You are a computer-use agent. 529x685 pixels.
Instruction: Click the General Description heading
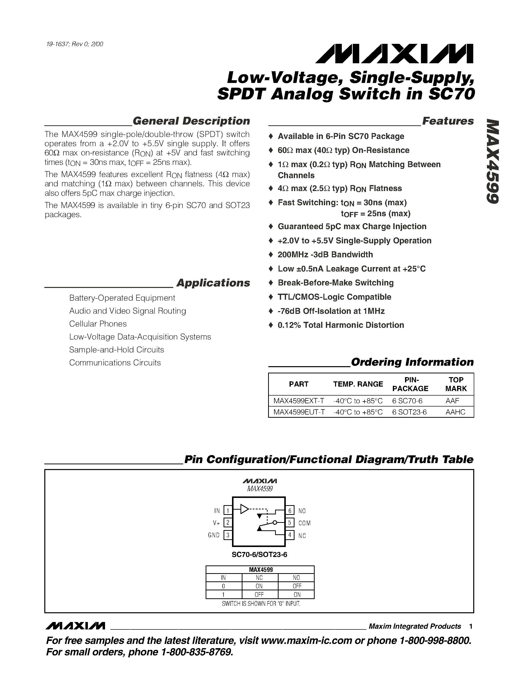coord(191,121)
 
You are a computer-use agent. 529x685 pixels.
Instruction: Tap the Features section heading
coord(448,121)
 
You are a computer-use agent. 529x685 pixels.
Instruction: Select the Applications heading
coord(213,283)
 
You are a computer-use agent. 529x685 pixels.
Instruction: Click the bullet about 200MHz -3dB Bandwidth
coord(325,255)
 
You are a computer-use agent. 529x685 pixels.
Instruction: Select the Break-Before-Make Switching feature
coord(335,283)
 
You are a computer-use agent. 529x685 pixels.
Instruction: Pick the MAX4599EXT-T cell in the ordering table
coord(299,401)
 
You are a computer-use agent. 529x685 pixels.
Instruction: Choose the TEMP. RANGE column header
coord(358,384)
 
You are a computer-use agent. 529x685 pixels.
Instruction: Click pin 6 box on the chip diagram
coord(290,511)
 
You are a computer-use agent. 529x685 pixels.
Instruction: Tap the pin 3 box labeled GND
coord(228,535)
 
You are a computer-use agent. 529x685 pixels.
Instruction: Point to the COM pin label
coord(304,523)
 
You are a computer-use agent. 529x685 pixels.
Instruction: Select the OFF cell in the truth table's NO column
coord(296,586)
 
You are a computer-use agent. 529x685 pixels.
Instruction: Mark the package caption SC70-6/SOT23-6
coord(259,554)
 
